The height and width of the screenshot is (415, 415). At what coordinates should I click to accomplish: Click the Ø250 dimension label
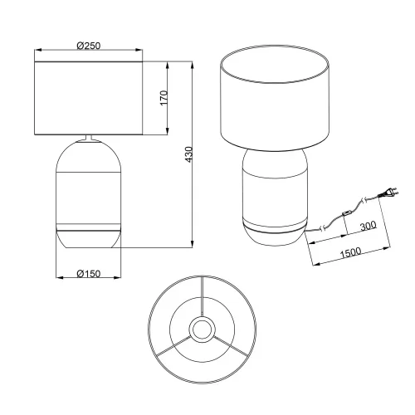coord(89,46)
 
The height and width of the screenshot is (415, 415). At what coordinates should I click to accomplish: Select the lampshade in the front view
coord(89,98)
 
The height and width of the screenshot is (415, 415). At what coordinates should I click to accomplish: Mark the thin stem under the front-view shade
coord(89,139)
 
